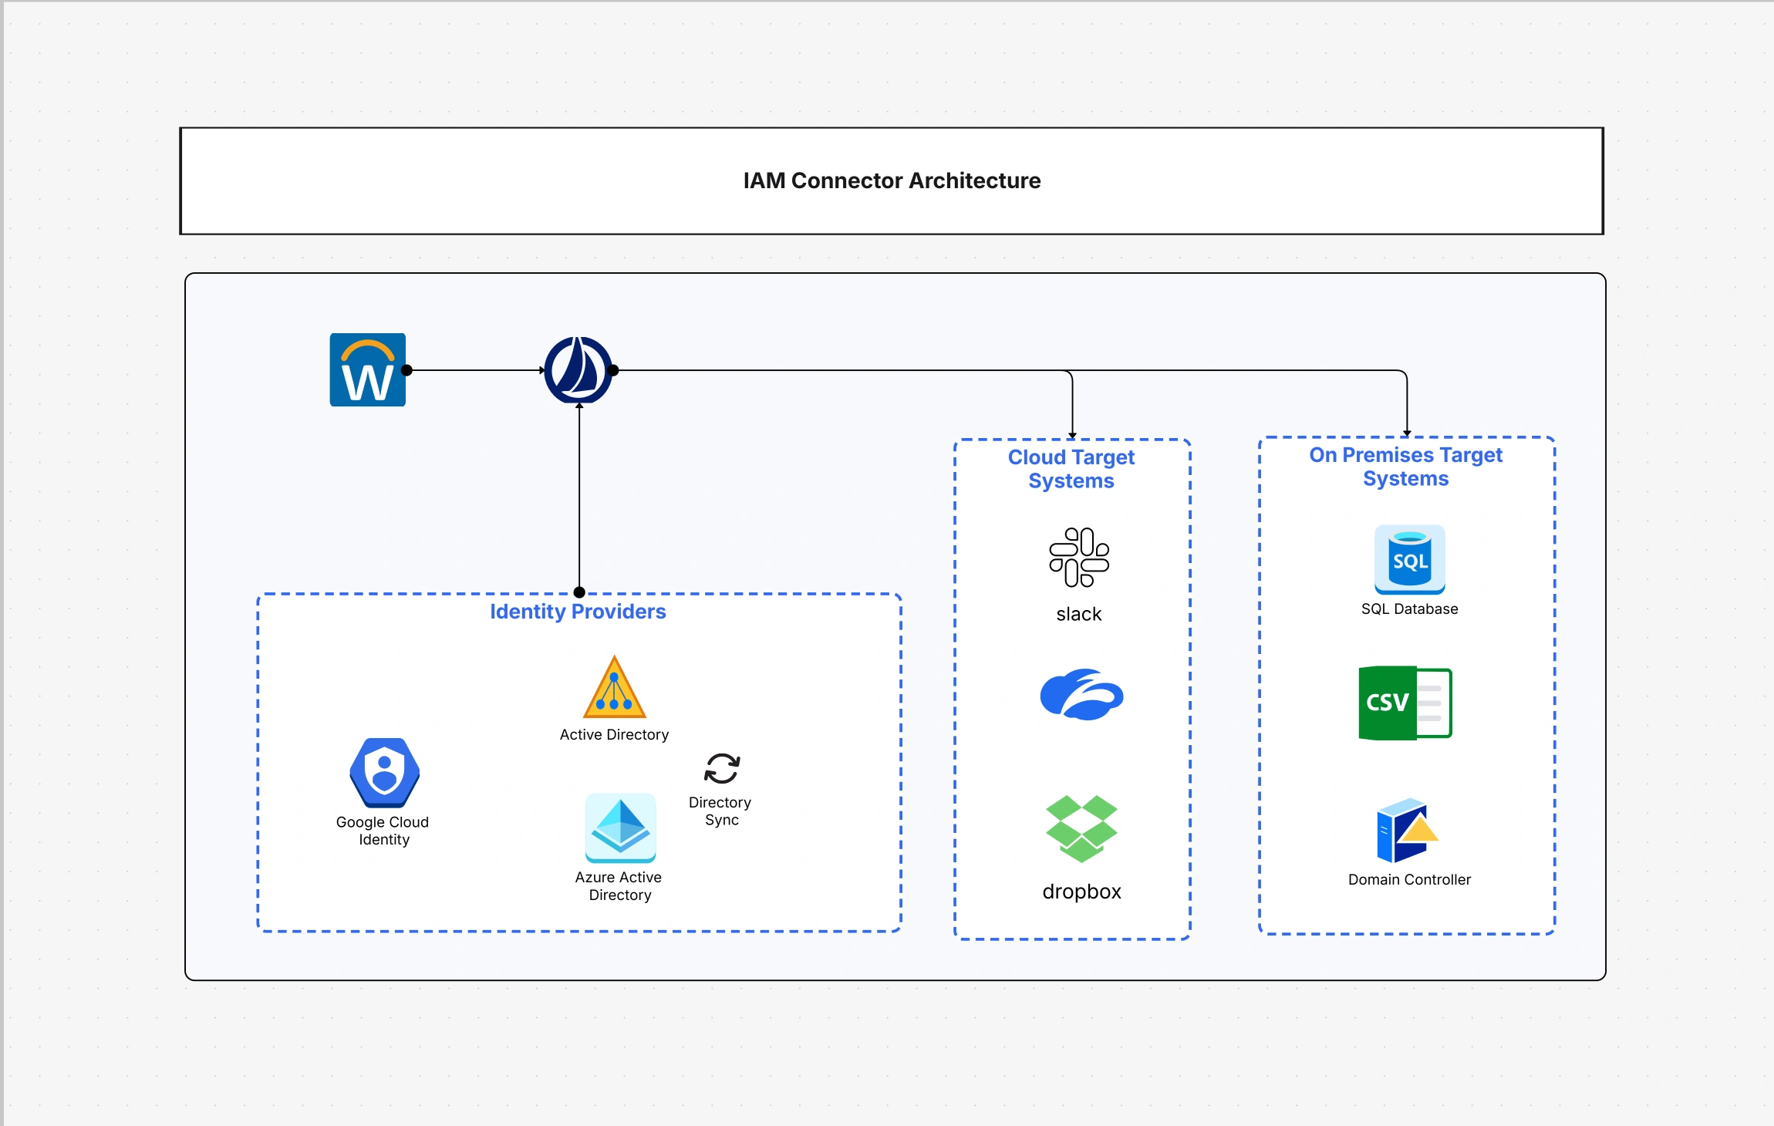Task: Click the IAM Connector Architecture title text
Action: click(x=892, y=180)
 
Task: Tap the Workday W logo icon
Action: click(x=368, y=370)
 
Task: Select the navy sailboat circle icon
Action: click(x=578, y=370)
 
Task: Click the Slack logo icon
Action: click(x=1079, y=557)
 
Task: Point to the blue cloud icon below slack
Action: click(x=1081, y=694)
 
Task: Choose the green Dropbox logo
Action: click(x=1081, y=828)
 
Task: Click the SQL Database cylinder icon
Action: click(x=1409, y=560)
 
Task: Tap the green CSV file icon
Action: click(x=1405, y=703)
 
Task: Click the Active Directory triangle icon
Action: click(x=614, y=688)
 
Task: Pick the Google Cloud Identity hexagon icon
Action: click(x=384, y=772)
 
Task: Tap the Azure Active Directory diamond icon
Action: click(x=620, y=828)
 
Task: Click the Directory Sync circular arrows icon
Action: click(x=722, y=768)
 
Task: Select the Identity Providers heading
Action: click(x=578, y=612)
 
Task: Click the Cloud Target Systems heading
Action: click(x=1071, y=469)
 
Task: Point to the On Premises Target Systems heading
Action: click(x=1405, y=467)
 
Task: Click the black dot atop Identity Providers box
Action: click(x=579, y=592)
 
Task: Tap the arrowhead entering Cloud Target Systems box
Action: click(x=1072, y=435)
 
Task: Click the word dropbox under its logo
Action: click(x=1081, y=892)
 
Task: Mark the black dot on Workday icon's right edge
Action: click(x=407, y=370)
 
